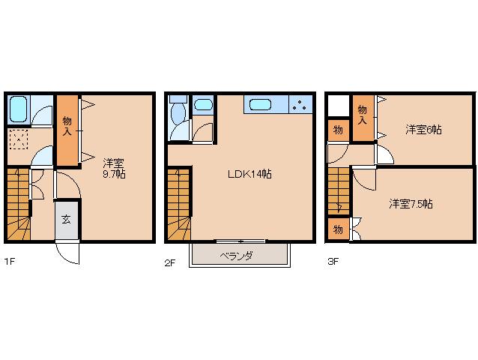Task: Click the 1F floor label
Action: click(x=10, y=262)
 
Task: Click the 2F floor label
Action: click(x=170, y=262)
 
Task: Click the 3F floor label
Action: click(x=333, y=262)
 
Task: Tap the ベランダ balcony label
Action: click(x=237, y=256)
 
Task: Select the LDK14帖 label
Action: click(x=249, y=174)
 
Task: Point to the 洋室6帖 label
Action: click(x=423, y=130)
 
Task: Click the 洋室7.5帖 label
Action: click(x=411, y=204)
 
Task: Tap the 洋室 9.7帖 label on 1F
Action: click(x=114, y=169)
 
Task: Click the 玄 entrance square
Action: click(x=67, y=220)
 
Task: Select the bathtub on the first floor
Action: click(x=19, y=109)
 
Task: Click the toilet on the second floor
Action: click(x=178, y=113)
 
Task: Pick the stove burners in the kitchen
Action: click(x=300, y=105)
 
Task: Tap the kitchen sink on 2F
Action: click(x=260, y=105)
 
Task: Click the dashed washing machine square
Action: click(x=19, y=139)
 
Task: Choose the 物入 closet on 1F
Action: click(x=67, y=130)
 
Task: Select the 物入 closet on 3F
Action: click(x=363, y=118)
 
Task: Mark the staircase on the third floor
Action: click(x=339, y=191)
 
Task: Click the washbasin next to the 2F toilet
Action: click(x=203, y=105)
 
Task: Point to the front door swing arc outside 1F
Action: click(x=65, y=256)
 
